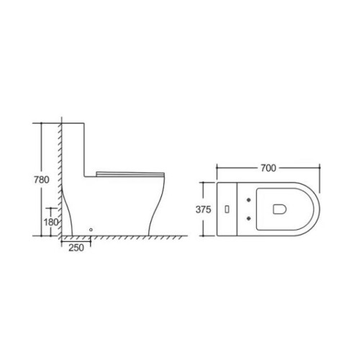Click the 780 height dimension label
tap(42, 179)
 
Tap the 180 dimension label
tap(51, 222)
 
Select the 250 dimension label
tap(76, 248)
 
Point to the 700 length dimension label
tap(269, 168)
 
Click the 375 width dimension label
tap(203, 210)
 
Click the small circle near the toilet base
tap(91, 230)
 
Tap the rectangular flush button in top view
tap(227, 210)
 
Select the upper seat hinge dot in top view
tap(249, 199)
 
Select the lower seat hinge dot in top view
tap(249, 218)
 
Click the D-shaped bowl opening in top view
tap(279, 209)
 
